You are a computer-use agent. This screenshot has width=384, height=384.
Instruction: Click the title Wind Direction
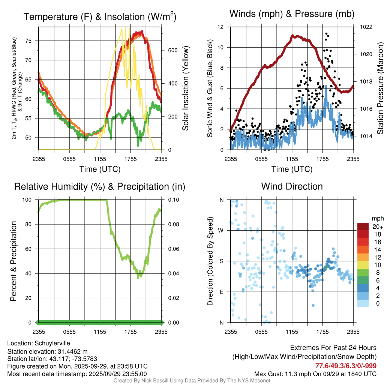point(292,186)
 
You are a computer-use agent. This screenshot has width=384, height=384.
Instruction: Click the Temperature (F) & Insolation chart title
point(100,17)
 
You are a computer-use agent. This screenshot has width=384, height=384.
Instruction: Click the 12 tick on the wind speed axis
point(221,27)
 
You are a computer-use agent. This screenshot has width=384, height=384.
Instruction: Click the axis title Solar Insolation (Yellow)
point(186,88)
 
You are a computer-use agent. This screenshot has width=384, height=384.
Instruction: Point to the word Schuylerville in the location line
point(52,343)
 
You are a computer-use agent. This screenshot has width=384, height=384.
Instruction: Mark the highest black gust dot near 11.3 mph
point(326,34)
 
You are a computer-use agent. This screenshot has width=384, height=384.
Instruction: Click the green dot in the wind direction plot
point(325,268)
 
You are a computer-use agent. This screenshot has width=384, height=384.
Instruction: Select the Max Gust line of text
point(315,374)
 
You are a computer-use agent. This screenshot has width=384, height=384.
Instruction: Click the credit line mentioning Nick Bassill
point(192,381)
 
